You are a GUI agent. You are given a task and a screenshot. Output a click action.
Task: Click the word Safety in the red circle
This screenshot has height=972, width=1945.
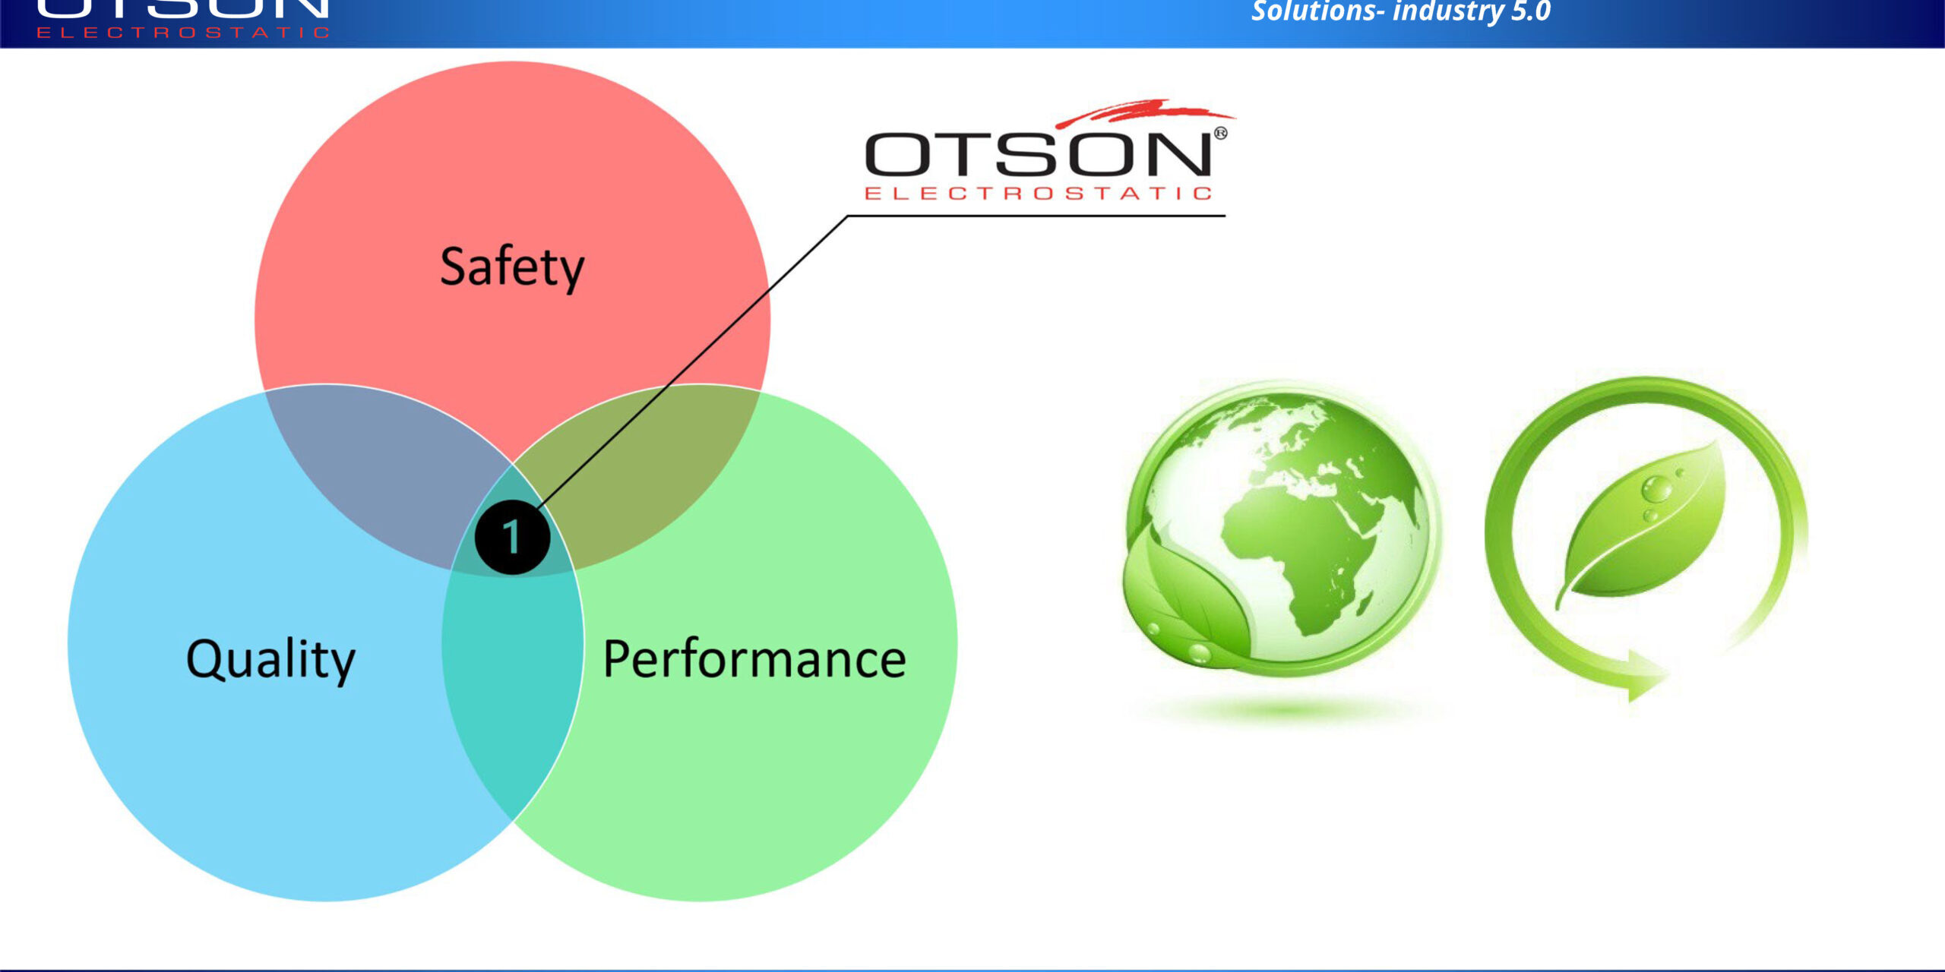coord(512,267)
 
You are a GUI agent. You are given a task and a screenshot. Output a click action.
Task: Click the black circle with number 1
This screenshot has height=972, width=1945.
coord(511,537)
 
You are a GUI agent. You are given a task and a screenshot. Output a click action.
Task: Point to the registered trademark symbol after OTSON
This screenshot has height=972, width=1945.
coord(1220,134)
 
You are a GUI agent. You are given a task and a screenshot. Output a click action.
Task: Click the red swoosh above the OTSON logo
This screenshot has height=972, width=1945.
coord(1140,112)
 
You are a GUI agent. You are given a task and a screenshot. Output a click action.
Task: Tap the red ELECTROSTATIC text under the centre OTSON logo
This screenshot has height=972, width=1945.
coord(1038,194)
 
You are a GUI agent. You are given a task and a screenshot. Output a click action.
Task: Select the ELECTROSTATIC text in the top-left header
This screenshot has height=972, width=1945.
coord(182,33)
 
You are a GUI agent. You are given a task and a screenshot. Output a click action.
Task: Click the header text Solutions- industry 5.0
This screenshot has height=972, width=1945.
coord(1400,11)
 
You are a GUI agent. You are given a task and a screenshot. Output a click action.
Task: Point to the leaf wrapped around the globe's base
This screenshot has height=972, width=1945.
coord(1178,600)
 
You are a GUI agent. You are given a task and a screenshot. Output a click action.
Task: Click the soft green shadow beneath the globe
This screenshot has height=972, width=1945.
coord(1284,710)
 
